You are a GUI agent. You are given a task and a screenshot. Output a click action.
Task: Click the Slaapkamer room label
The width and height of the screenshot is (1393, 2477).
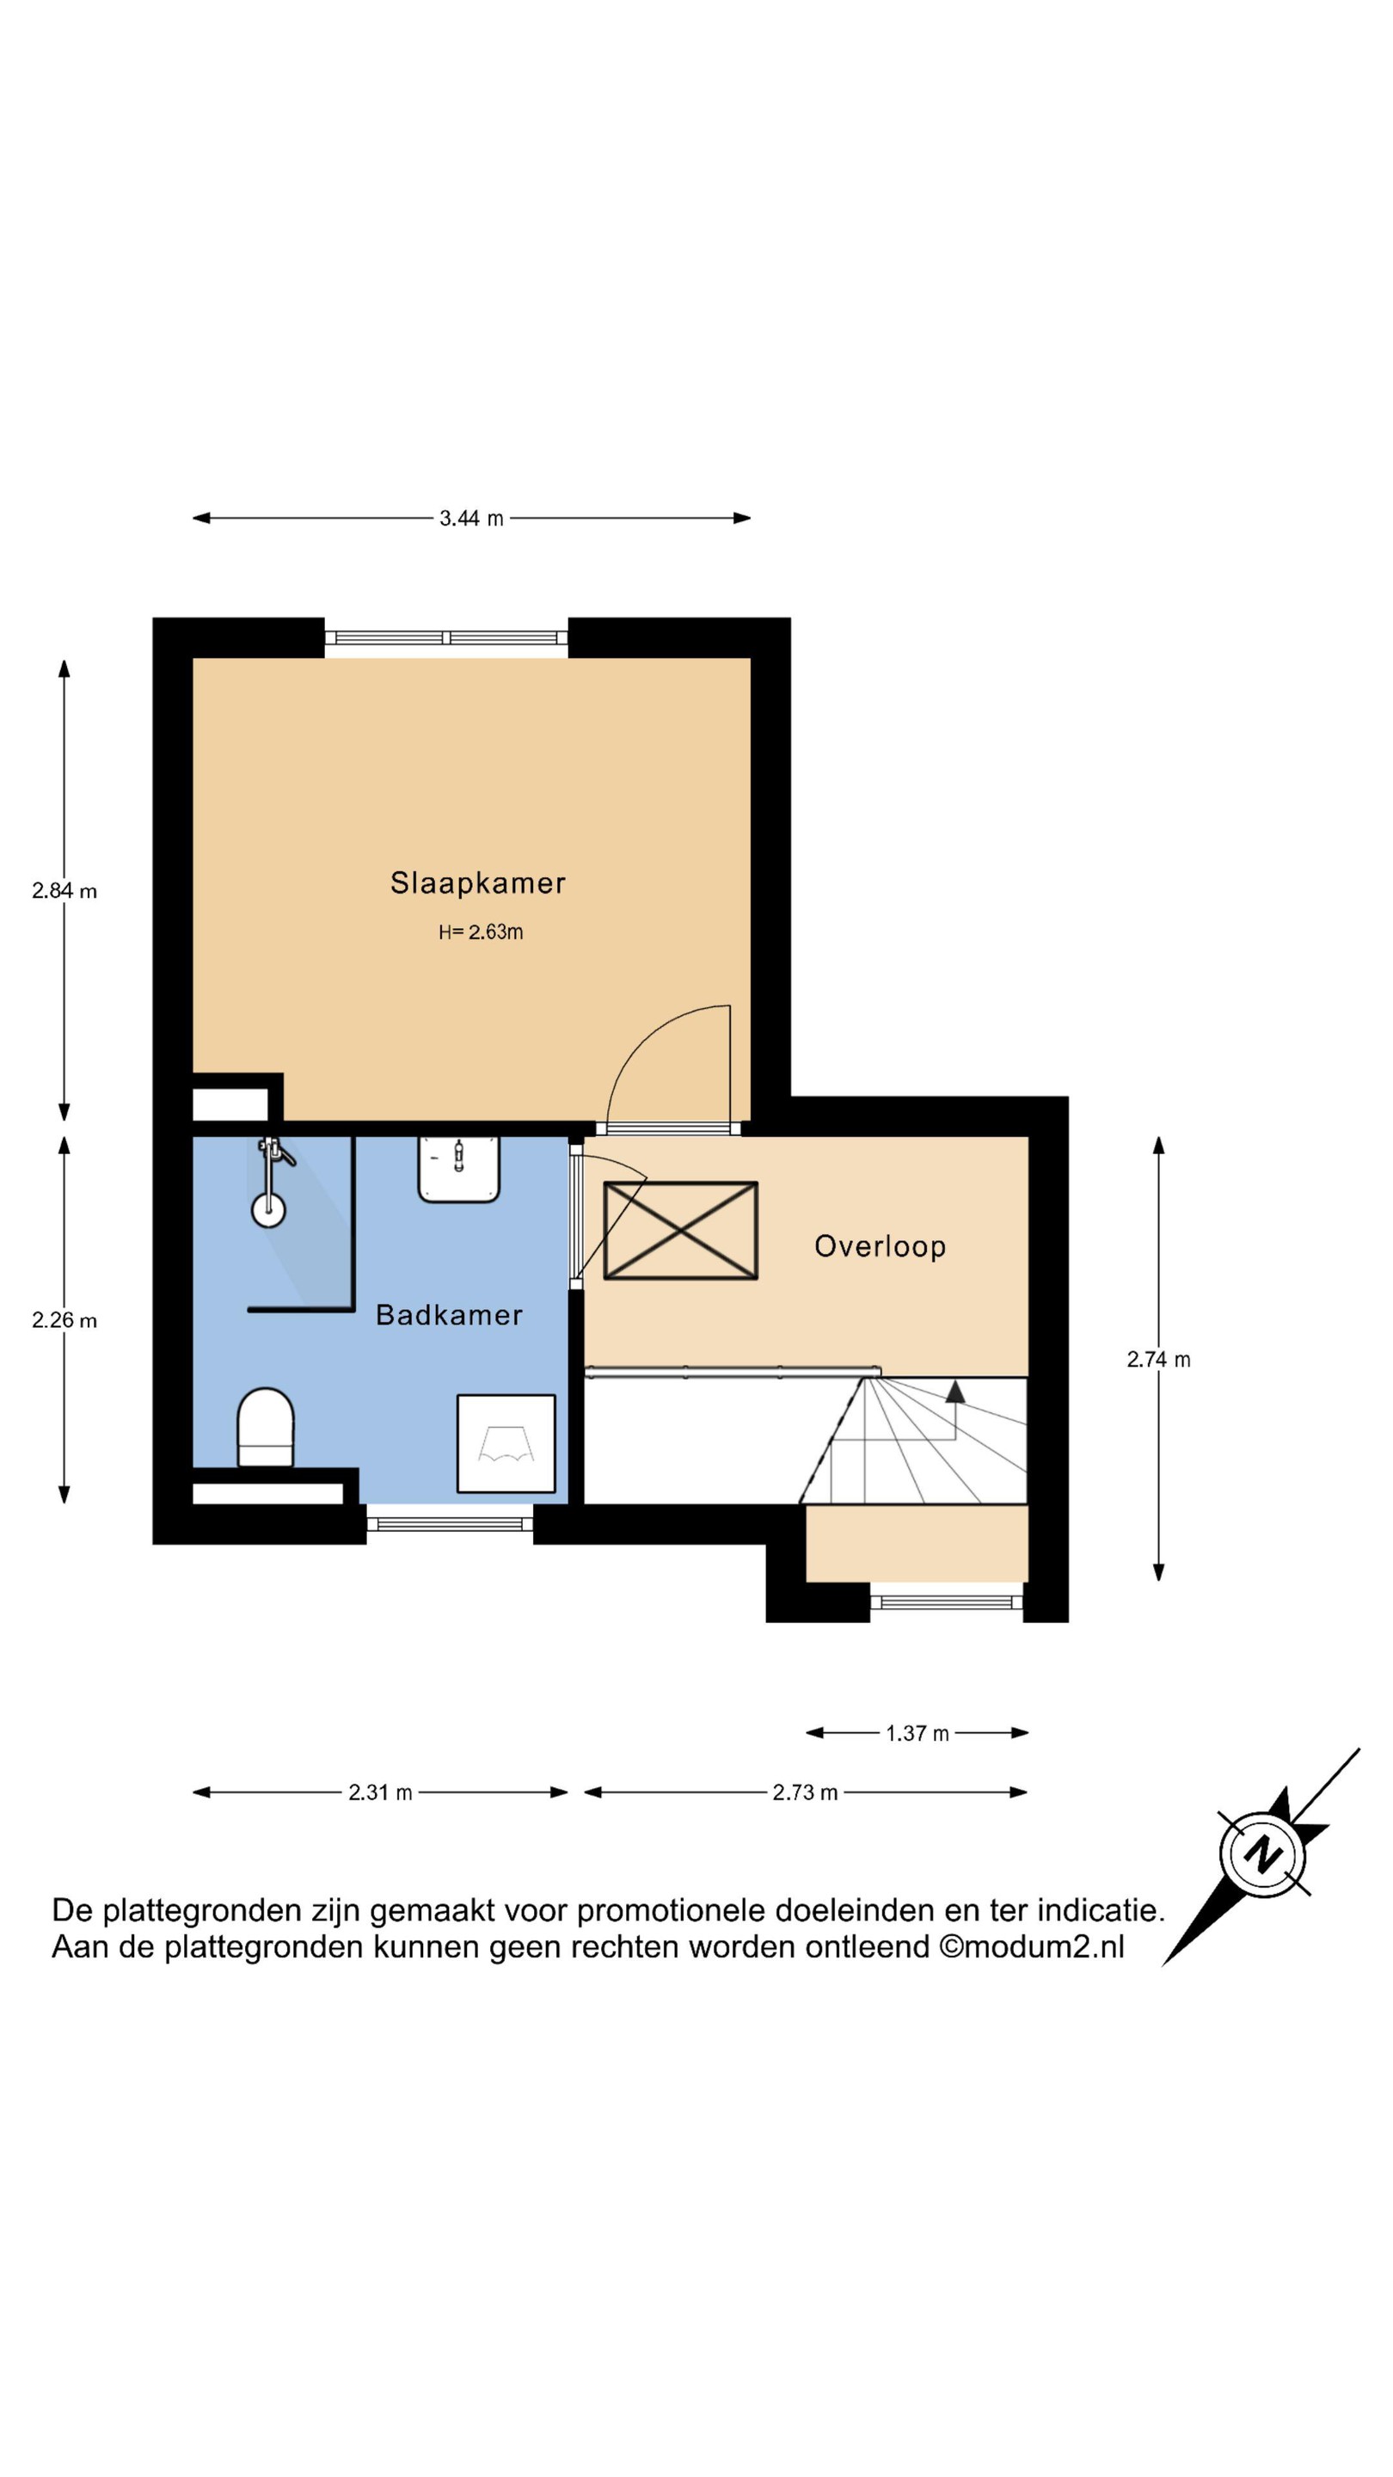[x=477, y=882]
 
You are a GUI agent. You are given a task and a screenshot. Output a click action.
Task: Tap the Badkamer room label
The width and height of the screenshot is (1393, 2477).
[x=449, y=1314]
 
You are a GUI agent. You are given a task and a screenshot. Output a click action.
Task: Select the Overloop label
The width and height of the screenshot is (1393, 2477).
[x=880, y=1246]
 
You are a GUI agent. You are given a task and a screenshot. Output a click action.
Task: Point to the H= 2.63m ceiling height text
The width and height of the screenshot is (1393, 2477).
[x=481, y=931]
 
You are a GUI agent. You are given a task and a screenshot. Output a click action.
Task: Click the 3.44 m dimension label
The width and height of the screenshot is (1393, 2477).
[x=471, y=519]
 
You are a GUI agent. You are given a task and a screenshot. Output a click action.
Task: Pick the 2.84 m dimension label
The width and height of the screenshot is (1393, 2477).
[x=64, y=891]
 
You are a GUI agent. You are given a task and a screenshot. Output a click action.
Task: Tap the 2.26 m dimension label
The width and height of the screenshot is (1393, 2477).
[x=64, y=1320]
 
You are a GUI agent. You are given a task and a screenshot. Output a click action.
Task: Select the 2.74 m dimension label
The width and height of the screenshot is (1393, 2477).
[x=1158, y=1360]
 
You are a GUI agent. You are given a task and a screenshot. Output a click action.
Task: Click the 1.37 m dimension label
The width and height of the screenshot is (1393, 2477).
[x=917, y=1733]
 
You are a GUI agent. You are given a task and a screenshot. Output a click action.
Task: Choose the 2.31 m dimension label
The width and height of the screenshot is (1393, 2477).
[x=380, y=1792]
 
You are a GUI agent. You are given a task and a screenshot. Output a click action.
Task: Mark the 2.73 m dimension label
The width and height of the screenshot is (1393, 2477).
[x=805, y=1792]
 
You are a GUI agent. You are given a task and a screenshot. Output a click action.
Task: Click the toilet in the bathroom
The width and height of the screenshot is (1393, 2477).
[x=266, y=1427]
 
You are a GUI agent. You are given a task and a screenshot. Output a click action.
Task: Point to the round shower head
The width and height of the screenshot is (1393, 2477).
[x=268, y=1209]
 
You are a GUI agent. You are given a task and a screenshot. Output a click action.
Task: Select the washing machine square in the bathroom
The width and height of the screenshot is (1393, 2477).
[x=506, y=1443]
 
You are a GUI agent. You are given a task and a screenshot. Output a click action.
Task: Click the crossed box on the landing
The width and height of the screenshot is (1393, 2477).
[x=681, y=1231]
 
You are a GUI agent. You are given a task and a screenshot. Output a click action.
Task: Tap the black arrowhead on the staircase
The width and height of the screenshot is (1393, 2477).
[x=954, y=1392]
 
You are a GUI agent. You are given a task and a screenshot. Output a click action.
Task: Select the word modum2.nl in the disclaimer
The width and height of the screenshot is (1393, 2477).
[x=1043, y=1946]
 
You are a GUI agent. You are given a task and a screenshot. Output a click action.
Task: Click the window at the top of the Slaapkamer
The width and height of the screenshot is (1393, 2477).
[x=446, y=637]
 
